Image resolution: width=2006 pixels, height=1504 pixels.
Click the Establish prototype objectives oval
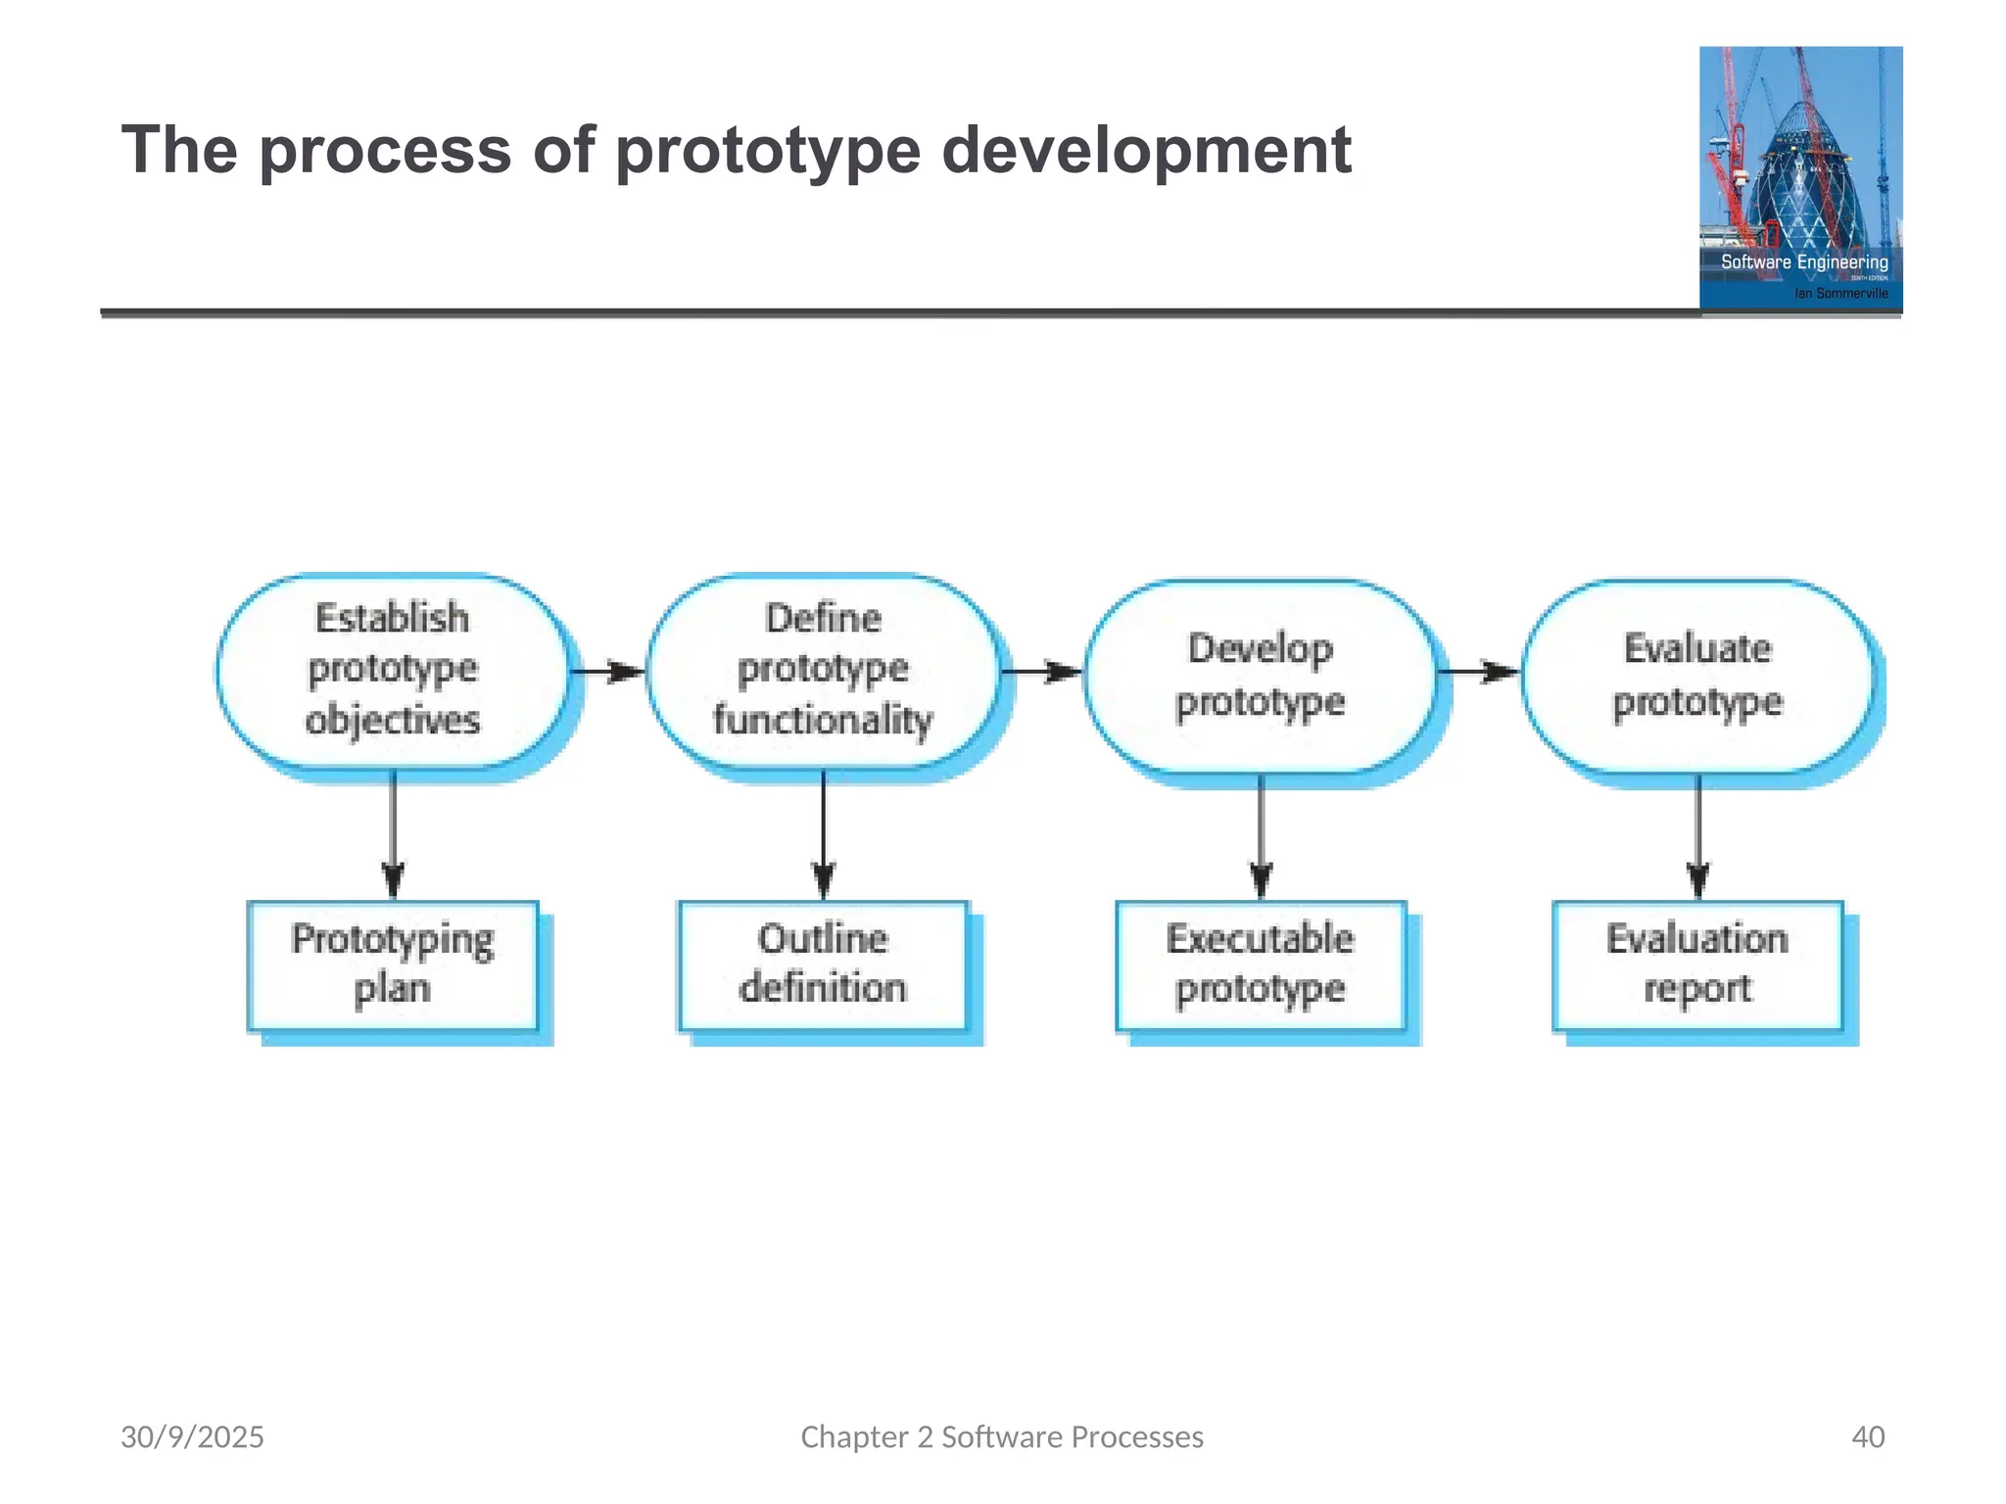pyautogui.click(x=393, y=671)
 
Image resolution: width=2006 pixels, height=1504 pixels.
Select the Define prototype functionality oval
pyautogui.click(x=823, y=671)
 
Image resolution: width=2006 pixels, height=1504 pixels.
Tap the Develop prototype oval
pyautogui.click(x=1261, y=676)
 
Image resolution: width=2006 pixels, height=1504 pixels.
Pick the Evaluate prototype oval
pyautogui.click(x=1697, y=676)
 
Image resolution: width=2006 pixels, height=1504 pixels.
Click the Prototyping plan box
pyautogui.click(x=393, y=964)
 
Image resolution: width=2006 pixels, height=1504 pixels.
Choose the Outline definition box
pyautogui.click(x=823, y=964)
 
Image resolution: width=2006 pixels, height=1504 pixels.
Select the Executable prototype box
pyautogui.click(x=1261, y=964)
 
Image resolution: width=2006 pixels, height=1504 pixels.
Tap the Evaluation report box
pyautogui.click(x=1697, y=964)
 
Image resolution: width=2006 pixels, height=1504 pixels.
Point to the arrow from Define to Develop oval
pyautogui.click(x=1041, y=672)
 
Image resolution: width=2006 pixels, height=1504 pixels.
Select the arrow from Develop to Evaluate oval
pyautogui.click(x=1478, y=672)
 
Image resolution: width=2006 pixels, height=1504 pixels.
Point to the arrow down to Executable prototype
pyautogui.click(x=1262, y=834)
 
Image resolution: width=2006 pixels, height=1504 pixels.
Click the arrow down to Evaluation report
pyautogui.click(x=1698, y=834)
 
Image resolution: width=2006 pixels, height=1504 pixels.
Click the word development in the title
pyautogui.click(x=1146, y=151)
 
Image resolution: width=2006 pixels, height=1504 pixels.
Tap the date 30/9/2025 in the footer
pyautogui.click(x=192, y=1436)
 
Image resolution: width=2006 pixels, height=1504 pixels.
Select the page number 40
pyautogui.click(x=1868, y=1436)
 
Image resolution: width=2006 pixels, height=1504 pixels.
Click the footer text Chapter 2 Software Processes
pyautogui.click(x=1002, y=1436)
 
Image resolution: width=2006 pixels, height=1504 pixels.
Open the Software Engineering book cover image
pyautogui.click(x=1800, y=178)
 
